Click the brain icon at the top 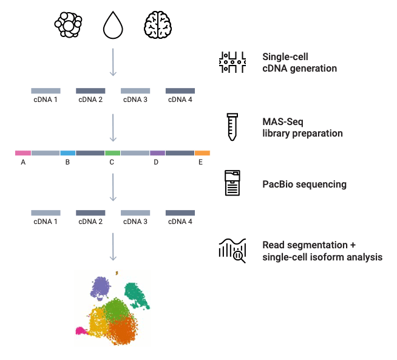pyautogui.click(x=158, y=25)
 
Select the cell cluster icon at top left pyautogui.click(x=68, y=25)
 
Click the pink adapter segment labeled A pyautogui.click(x=23, y=153)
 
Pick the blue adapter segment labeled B pyautogui.click(x=67, y=153)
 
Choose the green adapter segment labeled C pyautogui.click(x=112, y=153)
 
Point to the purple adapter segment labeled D pyautogui.click(x=157, y=153)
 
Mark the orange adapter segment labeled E pyautogui.click(x=202, y=153)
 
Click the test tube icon pyautogui.click(x=232, y=127)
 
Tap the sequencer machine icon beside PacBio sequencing pyautogui.click(x=232, y=183)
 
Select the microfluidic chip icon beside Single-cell pyautogui.click(x=232, y=63)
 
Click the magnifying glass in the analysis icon pyautogui.click(x=239, y=257)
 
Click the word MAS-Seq pyautogui.click(x=282, y=122)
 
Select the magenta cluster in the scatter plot pyautogui.click(x=81, y=331)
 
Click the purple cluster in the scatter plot pyautogui.click(x=101, y=288)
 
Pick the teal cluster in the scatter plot pyautogui.click(x=136, y=295)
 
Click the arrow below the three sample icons pyautogui.click(x=113, y=62)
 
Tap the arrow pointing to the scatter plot pyautogui.click(x=113, y=247)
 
